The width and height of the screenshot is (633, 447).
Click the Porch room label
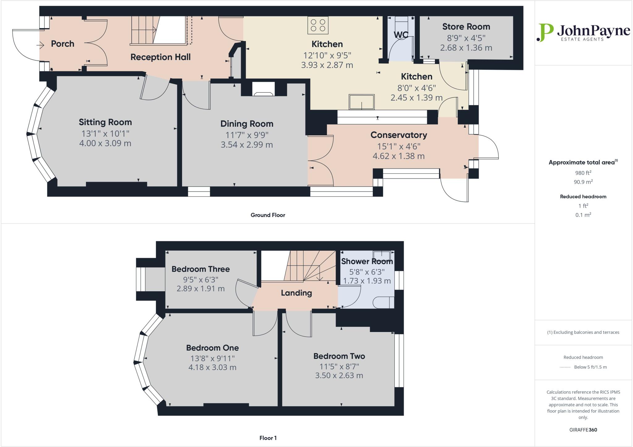point(62,44)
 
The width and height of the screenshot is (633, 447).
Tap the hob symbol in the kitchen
point(318,25)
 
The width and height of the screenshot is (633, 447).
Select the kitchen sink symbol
point(361,102)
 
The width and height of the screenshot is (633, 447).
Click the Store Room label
point(466,27)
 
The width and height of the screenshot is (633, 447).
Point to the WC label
point(401,35)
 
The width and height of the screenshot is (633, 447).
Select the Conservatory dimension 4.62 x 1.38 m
point(398,156)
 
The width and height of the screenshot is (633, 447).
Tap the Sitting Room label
point(105,122)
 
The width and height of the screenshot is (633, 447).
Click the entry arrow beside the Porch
point(40,45)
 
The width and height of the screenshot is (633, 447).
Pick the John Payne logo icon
point(545,32)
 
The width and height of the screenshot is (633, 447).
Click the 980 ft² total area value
point(583,173)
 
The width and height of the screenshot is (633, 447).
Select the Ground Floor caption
point(268,215)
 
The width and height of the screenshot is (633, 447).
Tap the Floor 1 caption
point(268,438)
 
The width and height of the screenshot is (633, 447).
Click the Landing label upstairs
point(296,293)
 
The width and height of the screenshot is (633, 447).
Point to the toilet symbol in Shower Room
point(384,303)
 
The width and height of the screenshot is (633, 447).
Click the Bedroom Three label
point(201,269)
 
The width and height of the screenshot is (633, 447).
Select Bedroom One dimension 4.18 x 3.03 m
point(212,368)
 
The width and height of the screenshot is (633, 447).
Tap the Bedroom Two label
point(339,356)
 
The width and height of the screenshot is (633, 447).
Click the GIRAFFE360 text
point(583,430)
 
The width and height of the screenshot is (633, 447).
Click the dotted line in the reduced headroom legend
point(565,367)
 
